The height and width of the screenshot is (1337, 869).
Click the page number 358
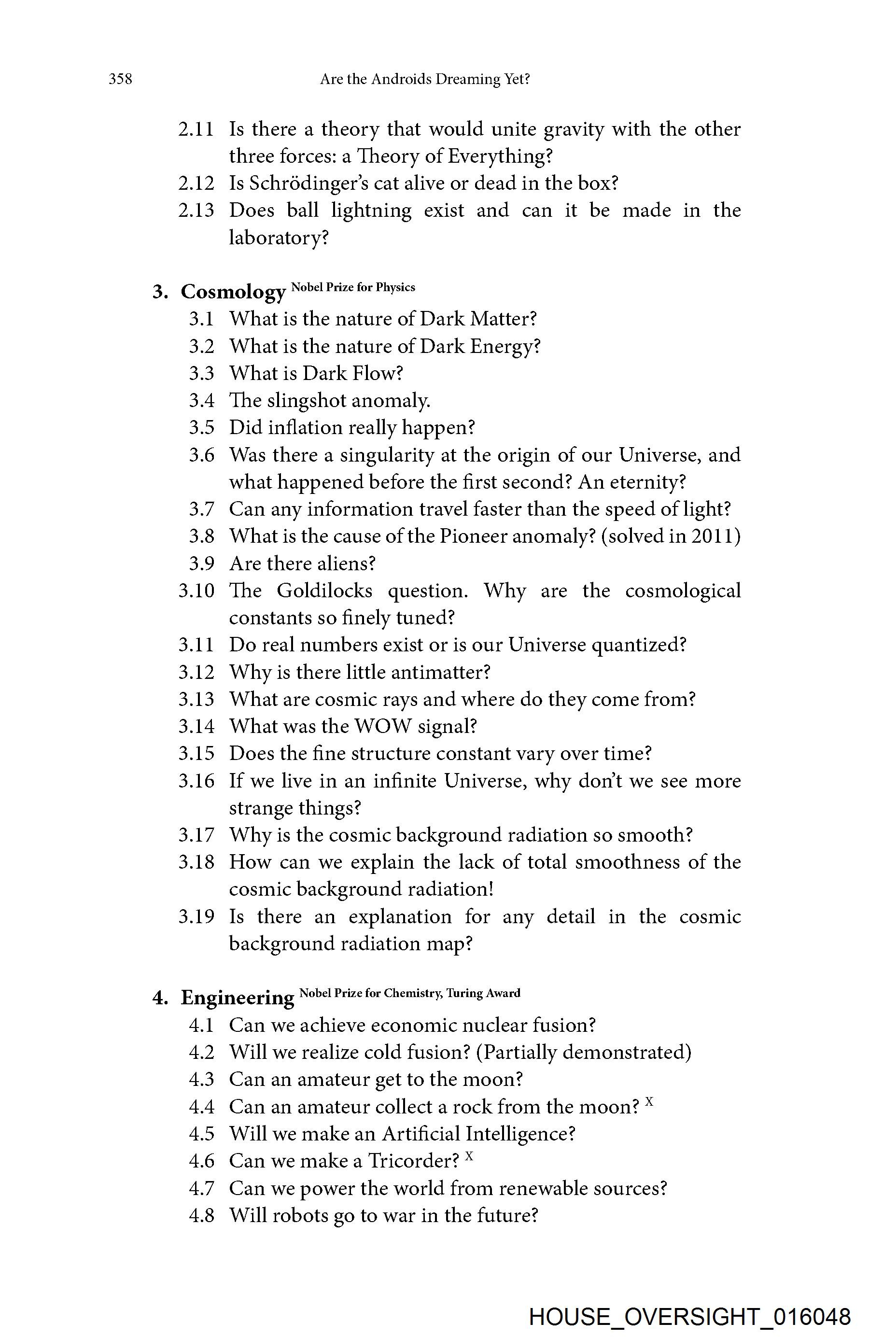click(120, 79)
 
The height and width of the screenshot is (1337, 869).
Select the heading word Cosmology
click(233, 292)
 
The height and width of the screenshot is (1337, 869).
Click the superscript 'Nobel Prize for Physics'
click(353, 288)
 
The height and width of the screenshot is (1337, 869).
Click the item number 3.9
click(201, 563)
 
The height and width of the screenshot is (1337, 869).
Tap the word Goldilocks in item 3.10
click(325, 591)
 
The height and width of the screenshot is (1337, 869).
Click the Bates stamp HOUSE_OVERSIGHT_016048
click(689, 1317)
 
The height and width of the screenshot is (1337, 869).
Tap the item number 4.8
click(201, 1216)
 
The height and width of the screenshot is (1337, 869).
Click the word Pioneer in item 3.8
click(473, 536)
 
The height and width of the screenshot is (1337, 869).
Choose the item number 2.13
click(196, 211)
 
